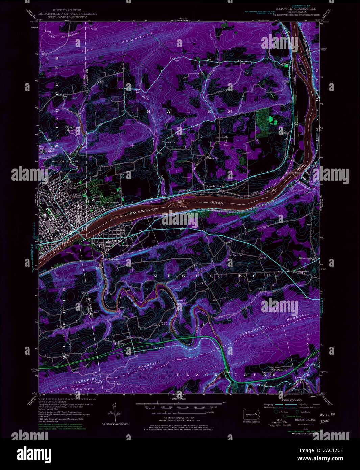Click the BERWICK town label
coord(73,195)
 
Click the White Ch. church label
coord(213,158)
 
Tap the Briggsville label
coord(302,271)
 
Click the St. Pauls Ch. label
coord(280,369)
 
